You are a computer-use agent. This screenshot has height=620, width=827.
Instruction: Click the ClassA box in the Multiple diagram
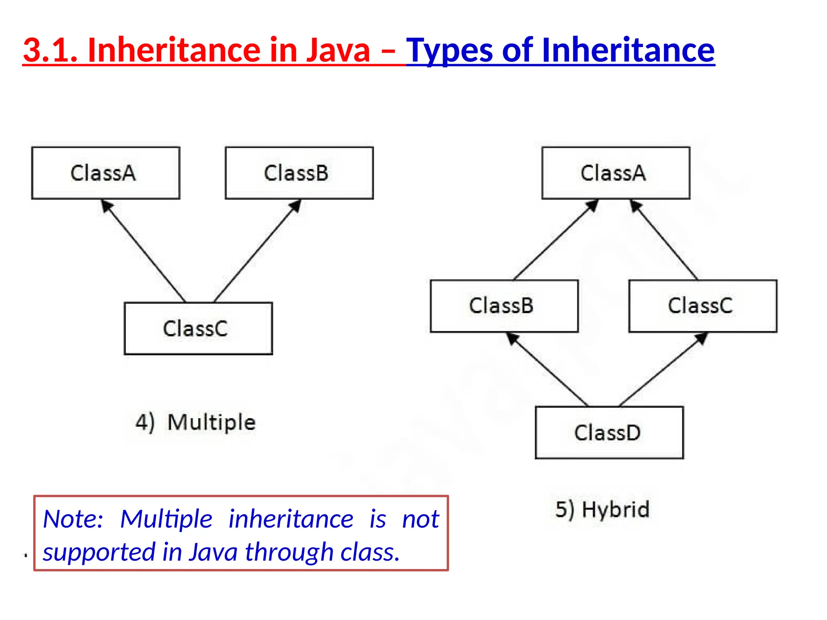point(105,173)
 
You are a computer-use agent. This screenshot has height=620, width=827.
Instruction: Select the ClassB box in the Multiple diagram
point(299,173)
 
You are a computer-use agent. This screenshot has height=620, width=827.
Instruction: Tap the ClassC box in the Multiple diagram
point(198,328)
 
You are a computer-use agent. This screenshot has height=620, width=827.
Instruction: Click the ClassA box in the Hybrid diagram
point(615,173)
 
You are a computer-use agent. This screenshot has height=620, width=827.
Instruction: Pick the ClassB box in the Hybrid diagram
point(504,306)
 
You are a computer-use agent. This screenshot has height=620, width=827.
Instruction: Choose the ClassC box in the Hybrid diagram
point(703,306)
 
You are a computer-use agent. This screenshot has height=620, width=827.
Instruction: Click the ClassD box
point(609,432)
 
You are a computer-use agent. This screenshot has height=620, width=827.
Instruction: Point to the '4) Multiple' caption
point(195,423)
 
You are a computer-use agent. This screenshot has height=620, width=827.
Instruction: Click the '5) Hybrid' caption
point(602,509)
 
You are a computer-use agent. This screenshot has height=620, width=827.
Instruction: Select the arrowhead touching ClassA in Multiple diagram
point(107,206)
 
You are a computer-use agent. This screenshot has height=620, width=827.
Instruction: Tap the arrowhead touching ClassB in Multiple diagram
point(296,206)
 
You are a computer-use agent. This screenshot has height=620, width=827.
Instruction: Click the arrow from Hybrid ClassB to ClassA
point(555,240)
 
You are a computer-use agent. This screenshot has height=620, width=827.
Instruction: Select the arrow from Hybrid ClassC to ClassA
point(664,240)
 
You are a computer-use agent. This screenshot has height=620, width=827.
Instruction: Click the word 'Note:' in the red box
point(73,519)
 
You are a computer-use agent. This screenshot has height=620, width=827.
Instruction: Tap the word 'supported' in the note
point(99,552)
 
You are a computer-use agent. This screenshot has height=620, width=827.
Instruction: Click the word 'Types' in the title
point(449,50)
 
